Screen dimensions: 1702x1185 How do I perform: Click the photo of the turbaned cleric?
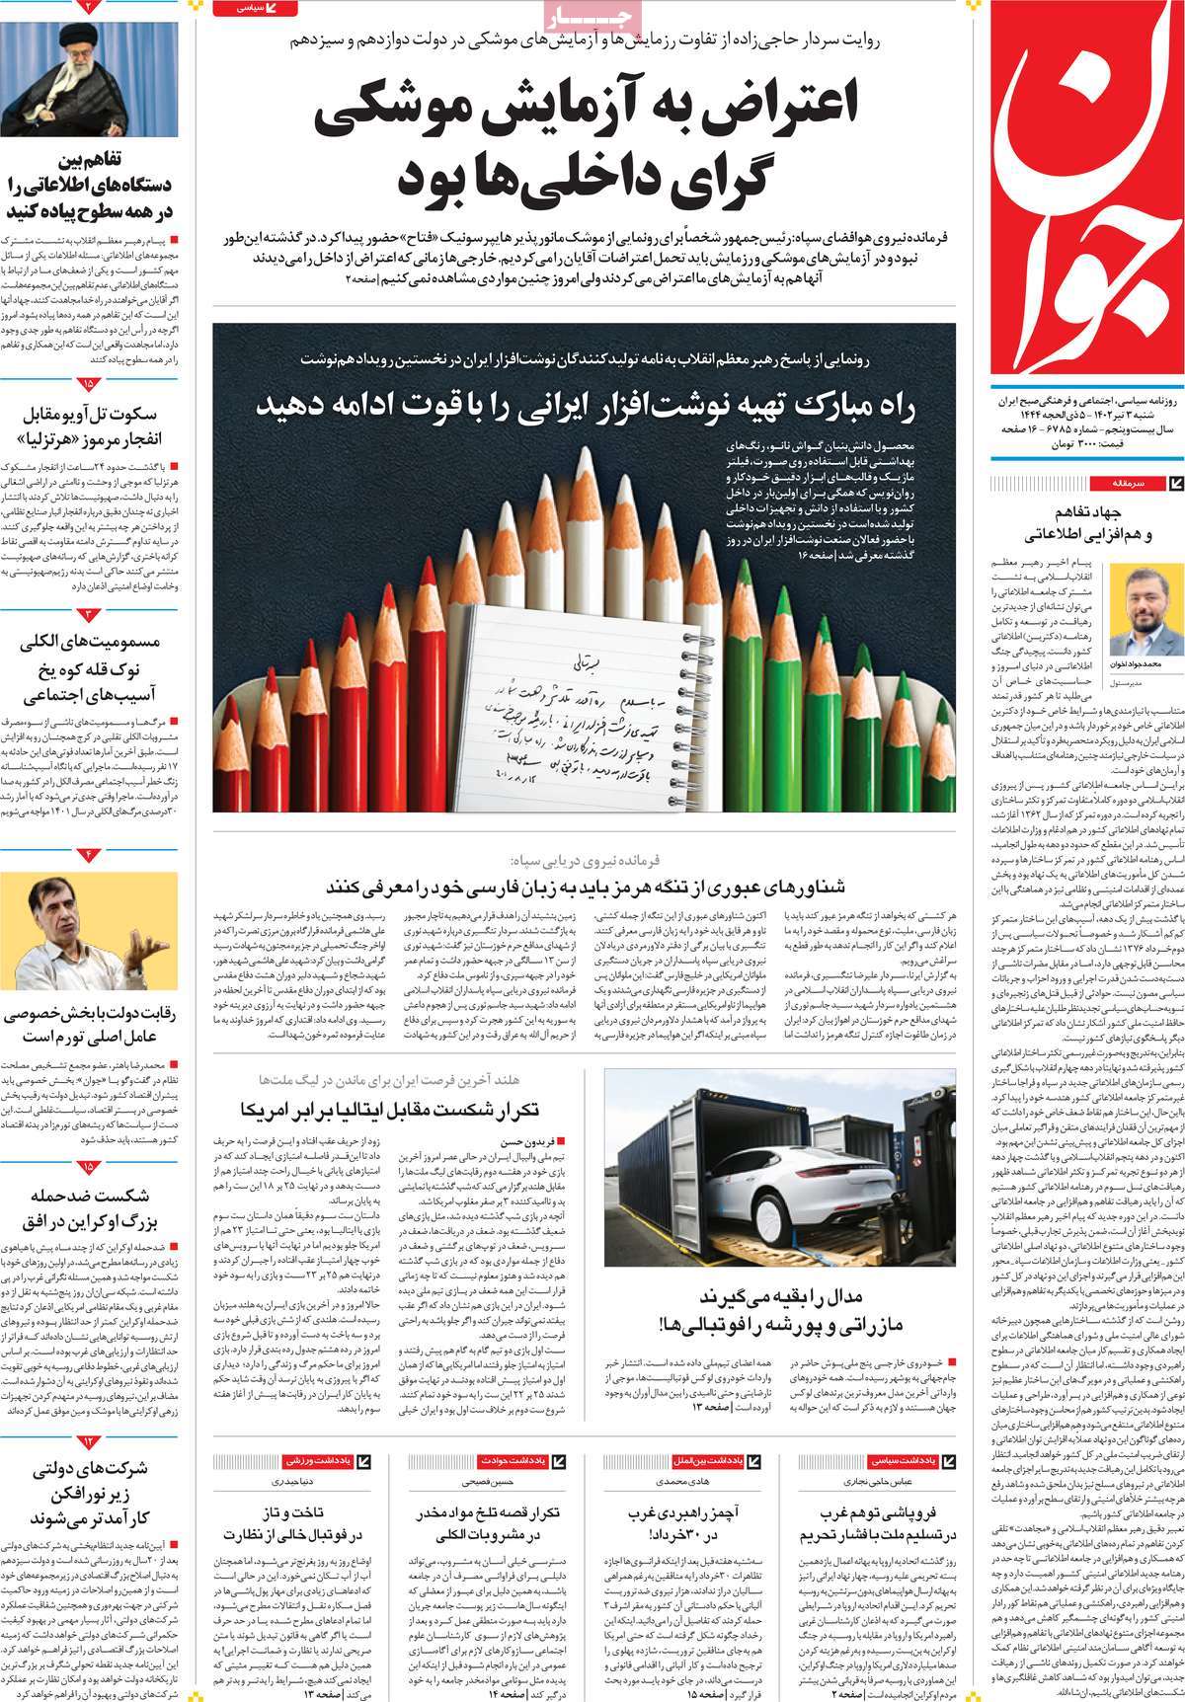coord(89,69)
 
